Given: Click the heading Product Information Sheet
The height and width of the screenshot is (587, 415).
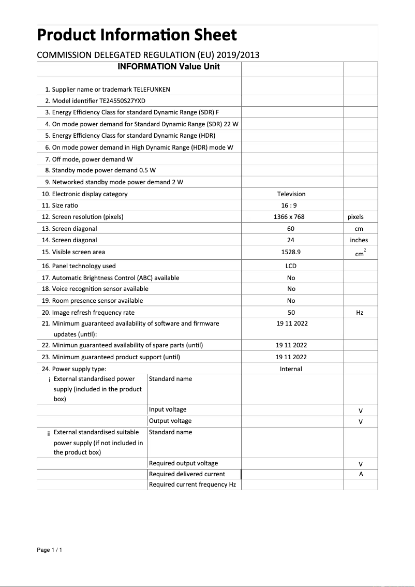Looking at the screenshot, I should click(137, 35).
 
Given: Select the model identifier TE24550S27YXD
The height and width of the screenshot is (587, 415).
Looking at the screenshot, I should click(126, 101).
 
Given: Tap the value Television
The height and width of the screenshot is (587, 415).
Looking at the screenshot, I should click(291, 194).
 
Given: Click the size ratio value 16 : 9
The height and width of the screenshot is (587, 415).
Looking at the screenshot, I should click(291, 206).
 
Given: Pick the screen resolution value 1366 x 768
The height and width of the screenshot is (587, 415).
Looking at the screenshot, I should click(291, 217).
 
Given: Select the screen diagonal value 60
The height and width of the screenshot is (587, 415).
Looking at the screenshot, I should click(291, 229).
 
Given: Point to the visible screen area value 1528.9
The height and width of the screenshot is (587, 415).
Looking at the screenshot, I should click(291, 252).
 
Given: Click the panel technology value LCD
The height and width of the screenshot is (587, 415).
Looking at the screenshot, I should click(291, 266).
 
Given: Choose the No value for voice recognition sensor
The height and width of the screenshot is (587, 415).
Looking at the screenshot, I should click(291, 289).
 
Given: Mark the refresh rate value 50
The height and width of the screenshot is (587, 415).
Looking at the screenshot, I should click(291, 313).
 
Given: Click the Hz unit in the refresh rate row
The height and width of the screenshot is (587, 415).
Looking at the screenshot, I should click(360, 313).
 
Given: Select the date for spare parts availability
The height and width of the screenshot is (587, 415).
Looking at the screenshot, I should click(291, 345).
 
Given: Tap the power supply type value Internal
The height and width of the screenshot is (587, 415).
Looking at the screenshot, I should click(291, 369).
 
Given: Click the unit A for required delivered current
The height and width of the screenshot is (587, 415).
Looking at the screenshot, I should click(361, 474).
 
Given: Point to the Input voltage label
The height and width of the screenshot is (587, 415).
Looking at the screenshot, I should click(168, 409).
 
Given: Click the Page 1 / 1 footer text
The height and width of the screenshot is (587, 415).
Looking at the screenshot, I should click(50, 550).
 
